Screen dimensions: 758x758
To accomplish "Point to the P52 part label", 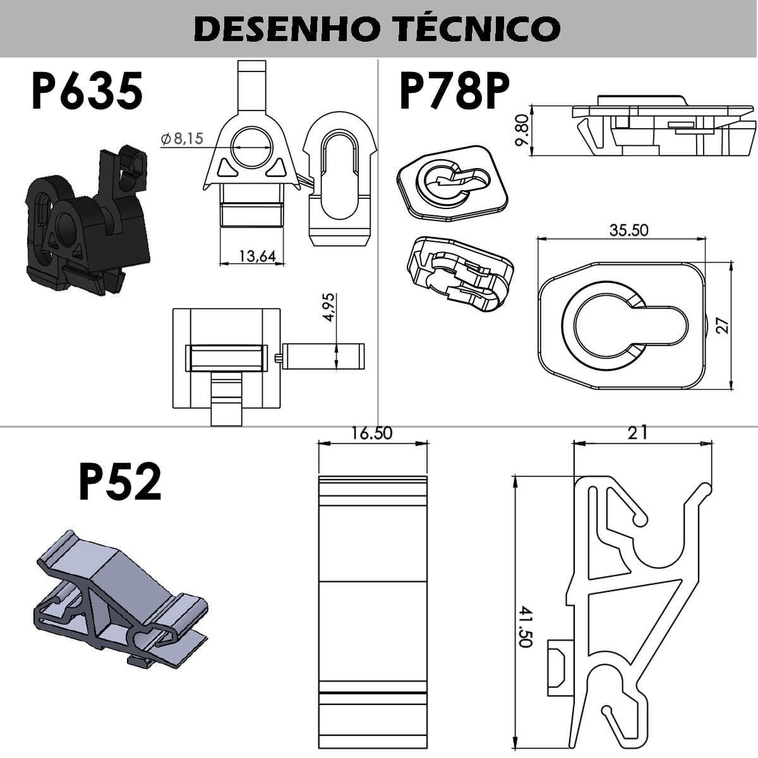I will [120, 481].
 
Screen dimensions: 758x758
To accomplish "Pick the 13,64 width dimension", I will [257, 256].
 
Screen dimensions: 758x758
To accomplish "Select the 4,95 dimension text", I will [328, 308].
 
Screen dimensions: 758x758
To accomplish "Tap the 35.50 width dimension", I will [629, 230].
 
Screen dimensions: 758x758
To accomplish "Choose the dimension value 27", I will [724, 325].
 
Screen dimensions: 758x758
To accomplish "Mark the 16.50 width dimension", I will [372, 433].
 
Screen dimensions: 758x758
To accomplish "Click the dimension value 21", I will [637, 433].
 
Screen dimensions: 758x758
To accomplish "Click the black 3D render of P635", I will [85, 224].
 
